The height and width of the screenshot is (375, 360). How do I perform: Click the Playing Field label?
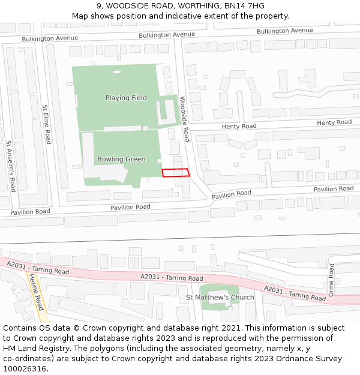[x=126, y=98]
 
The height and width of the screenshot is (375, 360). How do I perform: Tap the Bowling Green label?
[x=121, y=159]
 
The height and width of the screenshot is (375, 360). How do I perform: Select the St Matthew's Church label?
[x=220, y=298]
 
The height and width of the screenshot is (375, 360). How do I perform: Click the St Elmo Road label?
[x=46, y=124]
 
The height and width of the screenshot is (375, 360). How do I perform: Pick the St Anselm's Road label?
[x=10, y=166]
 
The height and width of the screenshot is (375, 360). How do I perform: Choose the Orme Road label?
[x=331, y=280]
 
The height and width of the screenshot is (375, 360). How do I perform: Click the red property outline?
[x=176, y=173]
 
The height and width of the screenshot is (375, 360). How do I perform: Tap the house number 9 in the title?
[x=99, y=6]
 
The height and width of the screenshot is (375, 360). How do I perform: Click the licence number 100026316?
[x=25, y=369]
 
